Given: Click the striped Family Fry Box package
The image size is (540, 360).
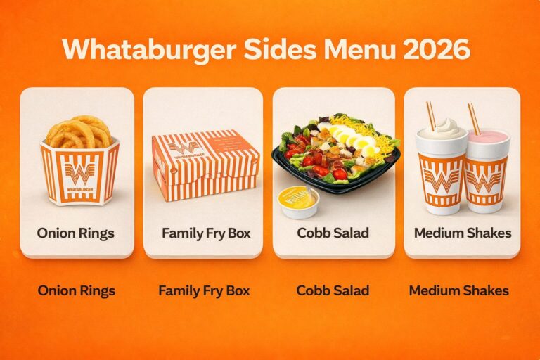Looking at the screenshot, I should [x=205, y=165].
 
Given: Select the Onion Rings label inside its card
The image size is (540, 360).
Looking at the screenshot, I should [x=77, y=233].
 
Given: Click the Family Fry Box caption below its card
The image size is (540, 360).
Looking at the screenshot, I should [x=204, y=290].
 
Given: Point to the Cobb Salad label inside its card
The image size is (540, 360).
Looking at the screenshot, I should [x=334, y=233].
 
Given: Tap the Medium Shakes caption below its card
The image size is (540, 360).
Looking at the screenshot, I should [x=459, y=290].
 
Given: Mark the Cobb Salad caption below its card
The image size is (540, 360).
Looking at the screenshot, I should [x=334, y=290].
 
